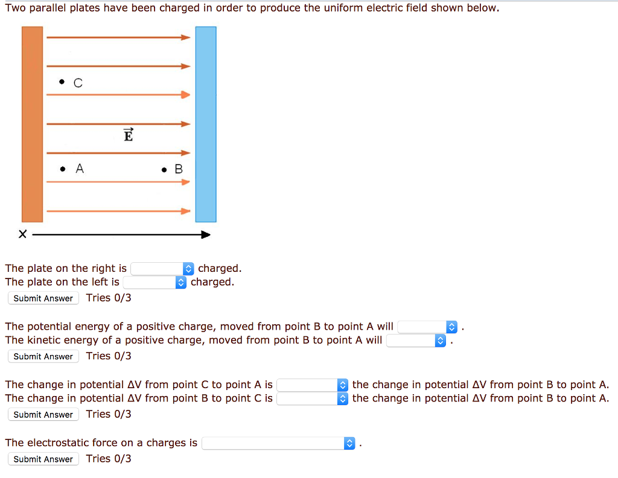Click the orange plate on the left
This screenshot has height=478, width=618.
(x=32, y=124)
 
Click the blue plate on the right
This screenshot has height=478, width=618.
(x=205, y=124)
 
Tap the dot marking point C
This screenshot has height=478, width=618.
(x=62, y=83)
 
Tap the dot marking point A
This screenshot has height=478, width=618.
(x=62, y=169)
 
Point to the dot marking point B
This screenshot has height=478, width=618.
(x=164, y=170)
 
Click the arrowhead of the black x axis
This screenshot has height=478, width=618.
(x=206, y=234)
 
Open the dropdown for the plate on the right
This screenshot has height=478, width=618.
(x=162, y=269)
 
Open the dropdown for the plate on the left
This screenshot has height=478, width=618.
(x=155, y=282)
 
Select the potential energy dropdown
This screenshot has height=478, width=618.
(x=428, y=327)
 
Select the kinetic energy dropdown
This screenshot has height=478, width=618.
(x=416, y=341)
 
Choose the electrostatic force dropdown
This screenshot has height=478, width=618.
(x=279, y=443)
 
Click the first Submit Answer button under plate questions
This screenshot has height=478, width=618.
(x=43, y=298)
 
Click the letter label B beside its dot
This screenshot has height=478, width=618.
(x=178, y=169)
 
